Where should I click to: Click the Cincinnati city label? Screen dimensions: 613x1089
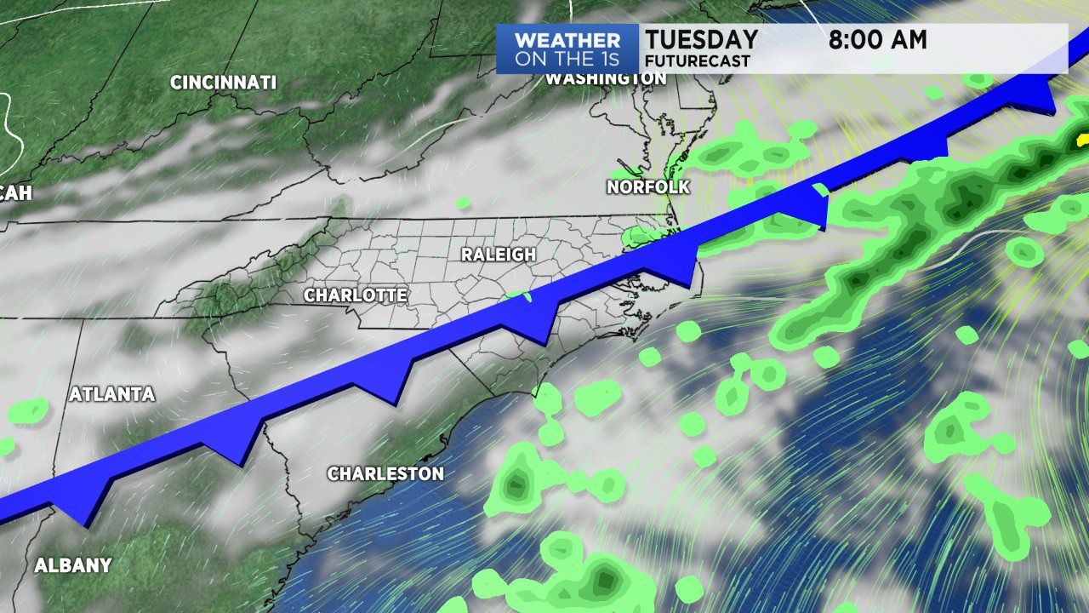tap(223, 83)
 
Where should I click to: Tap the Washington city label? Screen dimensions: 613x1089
tap(605, 78)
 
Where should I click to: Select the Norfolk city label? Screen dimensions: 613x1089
tap(648, 186)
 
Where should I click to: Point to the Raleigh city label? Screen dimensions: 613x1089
tap(499, 254)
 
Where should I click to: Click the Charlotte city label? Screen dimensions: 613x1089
tap(356, 295)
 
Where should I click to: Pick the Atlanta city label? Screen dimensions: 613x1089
tap(112, 394)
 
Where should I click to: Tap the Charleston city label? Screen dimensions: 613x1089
tap(385, 473)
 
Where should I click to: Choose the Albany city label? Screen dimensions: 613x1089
tap(73, 564)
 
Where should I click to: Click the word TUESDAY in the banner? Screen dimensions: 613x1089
tap(701, 39)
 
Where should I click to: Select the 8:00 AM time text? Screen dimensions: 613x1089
tap(878, 39)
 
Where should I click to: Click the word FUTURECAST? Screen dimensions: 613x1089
tap(698, 61)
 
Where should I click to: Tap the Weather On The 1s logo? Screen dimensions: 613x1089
tap(567, 49)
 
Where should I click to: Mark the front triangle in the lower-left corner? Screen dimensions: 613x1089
tap(85, 509)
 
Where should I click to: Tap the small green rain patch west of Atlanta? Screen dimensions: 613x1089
tap(29, 411)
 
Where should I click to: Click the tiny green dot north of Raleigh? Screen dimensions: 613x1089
tap(464, 203)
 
